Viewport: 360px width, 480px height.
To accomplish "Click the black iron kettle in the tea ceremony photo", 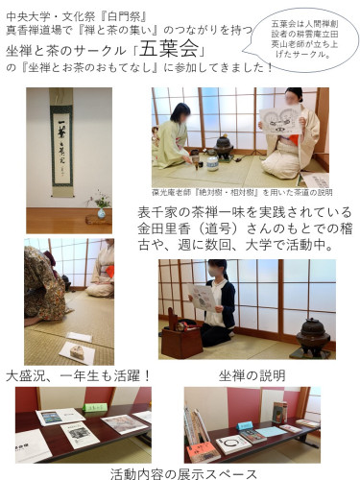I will [226, 147].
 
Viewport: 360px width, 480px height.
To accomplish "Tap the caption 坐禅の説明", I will [251, 375].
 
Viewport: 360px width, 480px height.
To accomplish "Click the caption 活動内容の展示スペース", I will [183, 472].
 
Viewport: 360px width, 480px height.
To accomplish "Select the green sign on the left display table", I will [95, 407].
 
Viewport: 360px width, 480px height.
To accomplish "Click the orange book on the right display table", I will [202, 448].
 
